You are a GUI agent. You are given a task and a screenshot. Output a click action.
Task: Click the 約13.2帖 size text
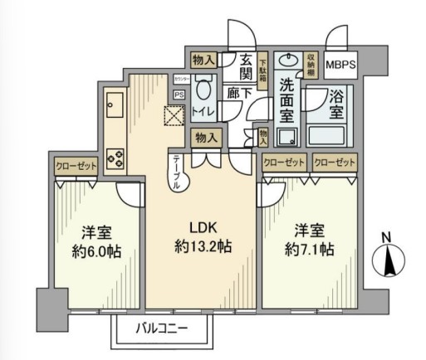203,246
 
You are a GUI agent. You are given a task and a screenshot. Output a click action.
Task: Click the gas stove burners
115,156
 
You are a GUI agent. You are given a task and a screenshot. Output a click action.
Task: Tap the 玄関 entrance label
247,67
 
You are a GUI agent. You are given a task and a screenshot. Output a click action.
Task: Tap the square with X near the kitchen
175,119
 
